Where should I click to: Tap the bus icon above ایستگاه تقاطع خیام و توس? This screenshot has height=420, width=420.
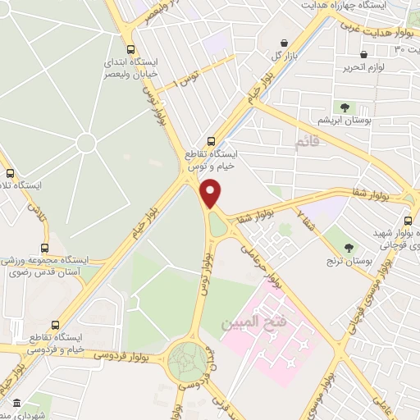coord(212,140)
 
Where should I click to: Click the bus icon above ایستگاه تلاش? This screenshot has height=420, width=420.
coord(11,173)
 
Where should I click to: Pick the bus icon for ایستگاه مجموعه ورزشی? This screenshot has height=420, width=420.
coord(44,246)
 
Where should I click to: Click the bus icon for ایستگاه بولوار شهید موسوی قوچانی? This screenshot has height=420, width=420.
coord(408,220)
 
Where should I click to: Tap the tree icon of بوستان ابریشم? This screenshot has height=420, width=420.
coord(345,107)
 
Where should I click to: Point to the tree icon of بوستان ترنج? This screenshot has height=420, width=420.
coord(350,247)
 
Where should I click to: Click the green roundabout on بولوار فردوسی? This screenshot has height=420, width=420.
coord(189,360)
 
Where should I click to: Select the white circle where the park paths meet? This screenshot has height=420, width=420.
coord(85,143)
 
